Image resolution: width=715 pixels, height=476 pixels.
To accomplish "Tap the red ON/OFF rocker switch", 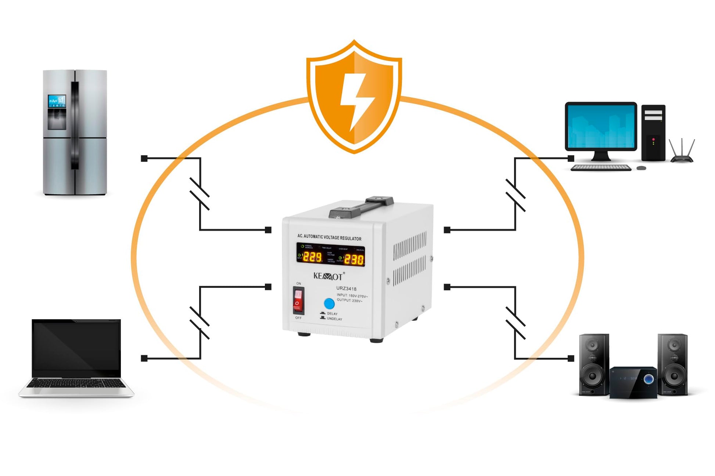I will pos(298,300).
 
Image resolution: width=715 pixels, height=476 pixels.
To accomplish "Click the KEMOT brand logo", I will pos(328,276).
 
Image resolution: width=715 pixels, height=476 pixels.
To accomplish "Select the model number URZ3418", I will pos(346,289).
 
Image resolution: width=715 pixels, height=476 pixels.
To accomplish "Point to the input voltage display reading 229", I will pos(312,257).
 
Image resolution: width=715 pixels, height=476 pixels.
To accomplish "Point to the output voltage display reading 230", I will pos(354,259).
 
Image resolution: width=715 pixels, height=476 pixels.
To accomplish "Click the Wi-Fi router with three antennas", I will pos(682,152).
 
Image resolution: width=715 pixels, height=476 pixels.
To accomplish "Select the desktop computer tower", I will pos(653,133).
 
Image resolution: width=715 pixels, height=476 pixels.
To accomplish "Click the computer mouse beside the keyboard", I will pos(641,168).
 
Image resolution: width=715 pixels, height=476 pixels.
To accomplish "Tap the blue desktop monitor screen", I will pos(601,126).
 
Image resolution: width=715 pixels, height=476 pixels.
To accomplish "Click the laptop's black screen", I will pos(76,347).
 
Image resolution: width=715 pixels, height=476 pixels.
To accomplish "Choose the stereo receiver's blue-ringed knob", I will pos(648,379).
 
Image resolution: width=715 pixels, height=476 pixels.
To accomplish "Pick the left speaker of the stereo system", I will pos(593,364).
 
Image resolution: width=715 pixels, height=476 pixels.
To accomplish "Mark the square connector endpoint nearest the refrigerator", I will pos(144,159).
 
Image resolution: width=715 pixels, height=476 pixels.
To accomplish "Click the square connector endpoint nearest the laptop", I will pos(144,358).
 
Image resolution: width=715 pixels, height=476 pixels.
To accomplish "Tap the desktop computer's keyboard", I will pos(601,168).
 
